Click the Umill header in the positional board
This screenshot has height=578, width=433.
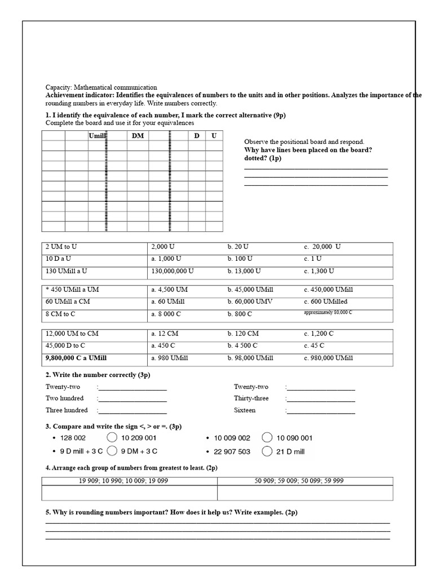(x=98, y=135)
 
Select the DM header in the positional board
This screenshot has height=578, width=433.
(x=138, y=135)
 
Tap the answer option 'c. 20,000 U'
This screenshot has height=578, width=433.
(x=322, y=247)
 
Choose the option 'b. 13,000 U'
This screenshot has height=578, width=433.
(x=244, y=271)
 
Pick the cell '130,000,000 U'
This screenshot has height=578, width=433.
(x=173, y=271)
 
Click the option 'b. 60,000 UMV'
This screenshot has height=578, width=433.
(x=250, y=301)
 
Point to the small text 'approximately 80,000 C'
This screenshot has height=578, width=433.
(x=327, y=312)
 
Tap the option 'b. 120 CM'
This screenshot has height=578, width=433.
(x=243, y=334)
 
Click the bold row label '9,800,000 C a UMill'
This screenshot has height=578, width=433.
(x=76, y=358)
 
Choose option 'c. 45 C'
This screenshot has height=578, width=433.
(x=314, y=345)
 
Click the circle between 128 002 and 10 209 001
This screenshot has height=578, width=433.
(x=112, y=437)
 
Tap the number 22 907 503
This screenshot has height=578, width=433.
(x=232, y=452)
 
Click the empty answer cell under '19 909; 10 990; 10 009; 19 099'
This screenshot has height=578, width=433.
(x=130, y=493)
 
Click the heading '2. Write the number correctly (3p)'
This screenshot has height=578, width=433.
(x=98, y=375)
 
